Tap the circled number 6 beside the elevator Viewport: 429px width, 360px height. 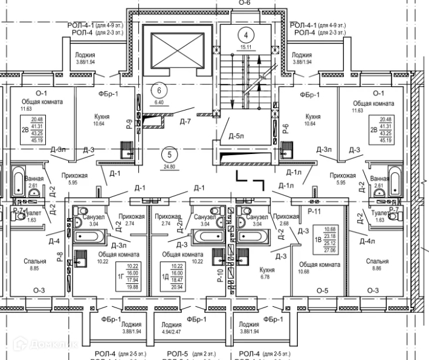[160, 91]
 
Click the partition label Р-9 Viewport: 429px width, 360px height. [129, 125]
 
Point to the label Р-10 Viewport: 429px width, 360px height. [221, 275]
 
